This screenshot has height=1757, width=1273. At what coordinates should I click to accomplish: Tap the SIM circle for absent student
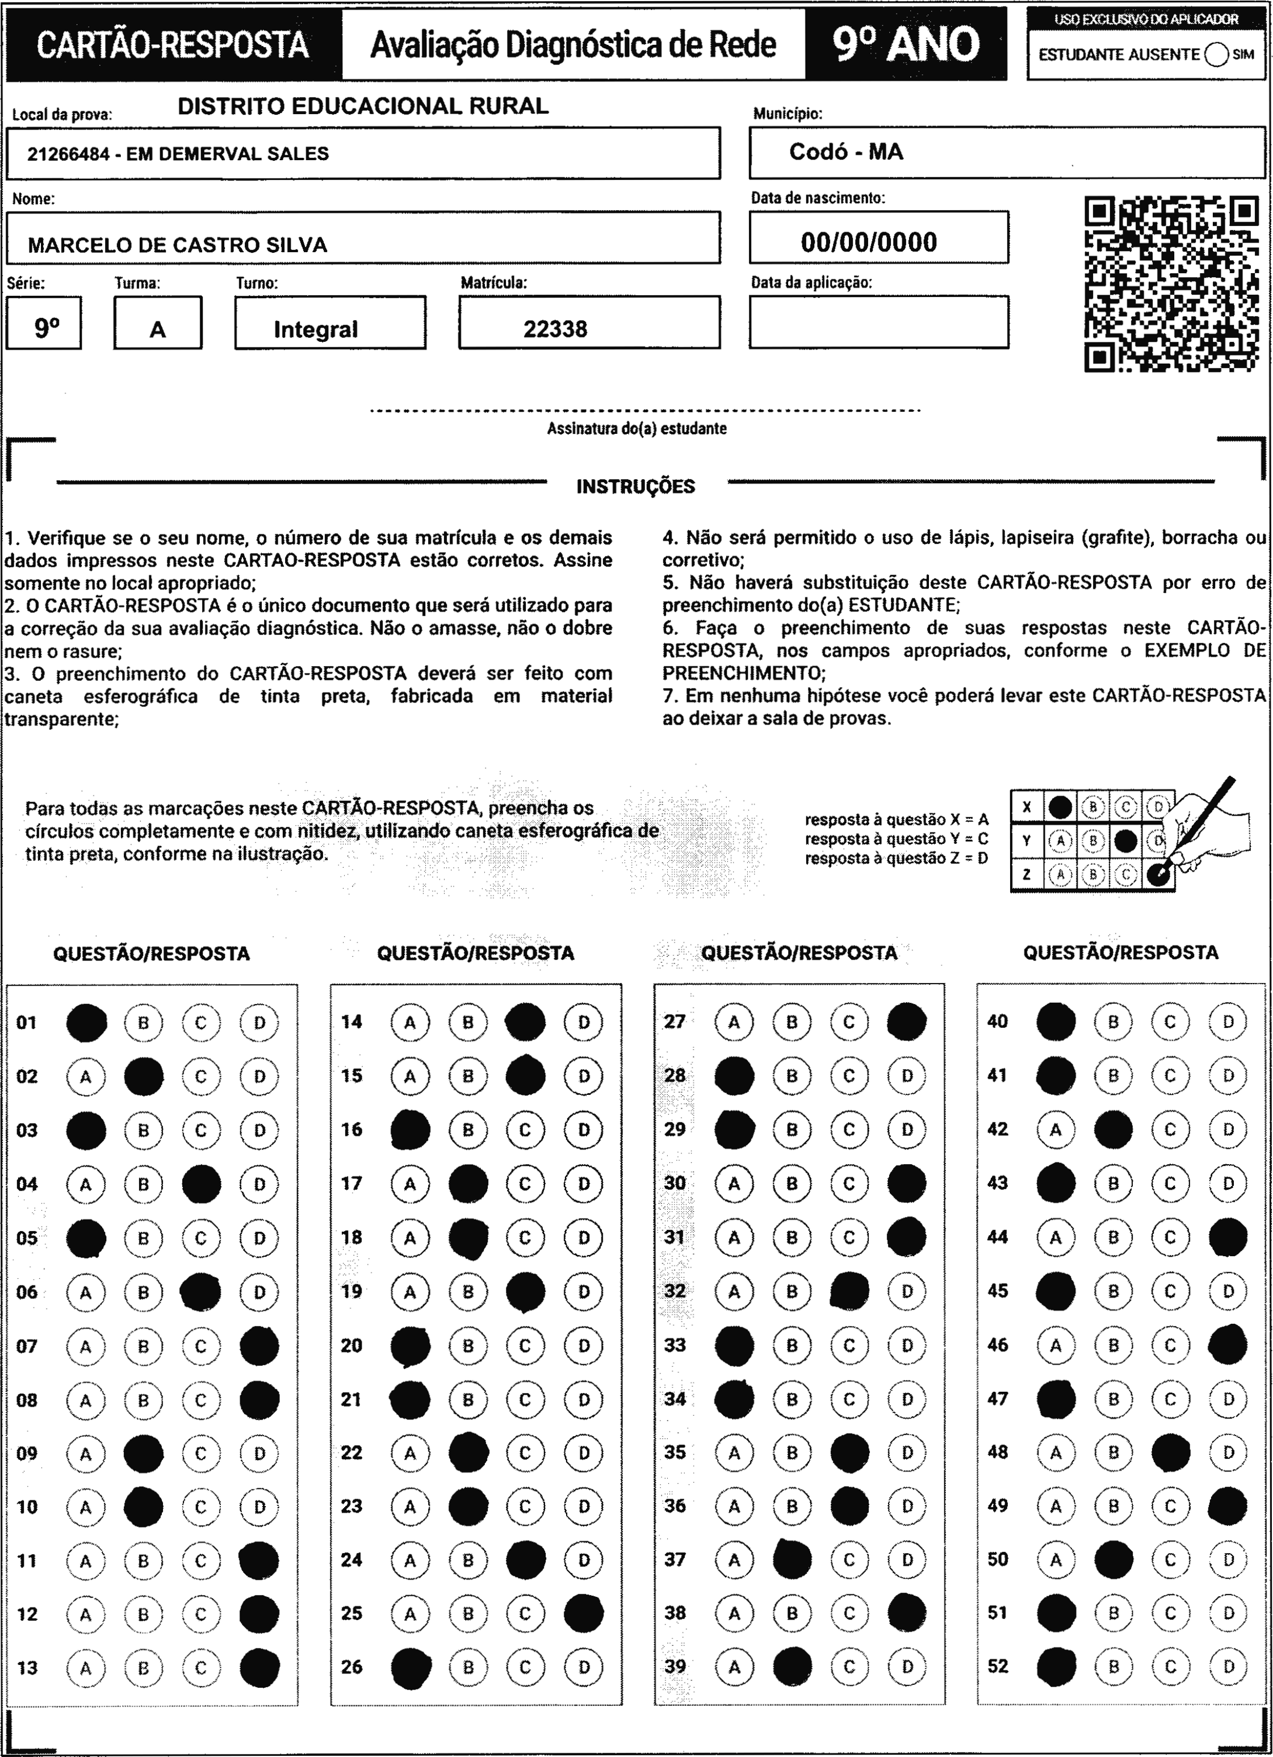pos(1216,55)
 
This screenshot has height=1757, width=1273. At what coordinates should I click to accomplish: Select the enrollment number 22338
pos(555,329)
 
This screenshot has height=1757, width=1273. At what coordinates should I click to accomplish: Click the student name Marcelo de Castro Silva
pos(177,245)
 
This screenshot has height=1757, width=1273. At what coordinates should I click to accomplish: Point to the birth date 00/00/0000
pos(869,242)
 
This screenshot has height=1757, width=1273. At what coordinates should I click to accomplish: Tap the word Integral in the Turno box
pos(315,330)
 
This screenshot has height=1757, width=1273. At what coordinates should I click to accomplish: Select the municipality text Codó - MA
pos(846,152)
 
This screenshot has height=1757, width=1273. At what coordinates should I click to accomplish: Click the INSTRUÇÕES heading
pos(635,487)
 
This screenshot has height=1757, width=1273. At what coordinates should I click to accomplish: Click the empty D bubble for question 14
pos(584,1023)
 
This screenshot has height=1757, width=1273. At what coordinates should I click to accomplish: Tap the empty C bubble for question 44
pos(1170,1237)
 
